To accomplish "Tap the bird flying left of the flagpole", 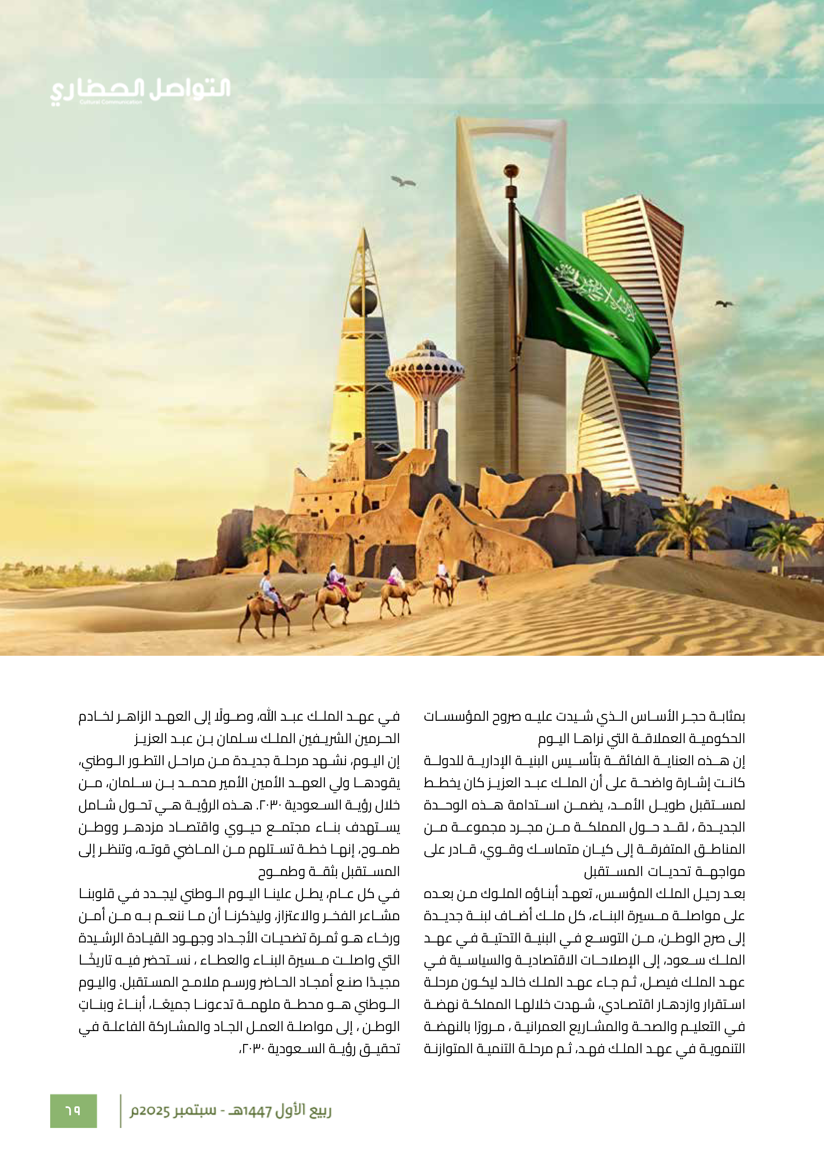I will (x=403, y=181).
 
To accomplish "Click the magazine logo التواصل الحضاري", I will (x=140, y=90).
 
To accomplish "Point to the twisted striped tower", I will (x=630, y=355).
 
